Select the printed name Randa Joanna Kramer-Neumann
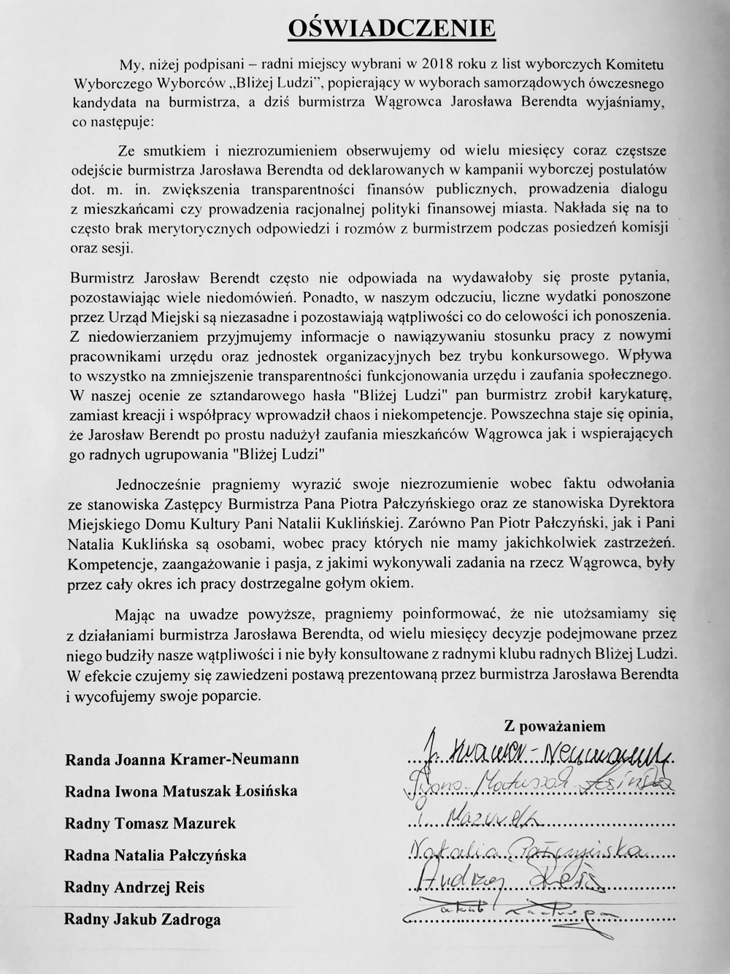[182, 759]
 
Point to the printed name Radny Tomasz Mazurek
[150, 823]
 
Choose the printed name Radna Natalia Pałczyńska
[155, 855]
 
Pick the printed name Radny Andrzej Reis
[134, 887]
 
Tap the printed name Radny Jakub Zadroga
[142, 919]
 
